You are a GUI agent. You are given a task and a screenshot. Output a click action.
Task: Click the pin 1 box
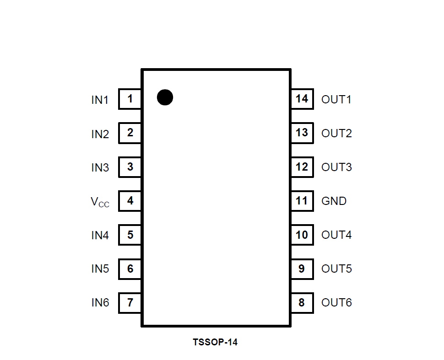click(x=130, y=99)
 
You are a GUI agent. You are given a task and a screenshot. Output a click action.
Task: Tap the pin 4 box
click(x=130, y=201)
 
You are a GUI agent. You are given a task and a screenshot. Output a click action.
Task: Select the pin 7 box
click(x=130, y=303)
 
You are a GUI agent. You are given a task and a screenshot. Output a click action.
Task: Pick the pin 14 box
click(x=302, y=99)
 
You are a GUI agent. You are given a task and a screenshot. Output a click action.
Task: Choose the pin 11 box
click(x=302, y=201)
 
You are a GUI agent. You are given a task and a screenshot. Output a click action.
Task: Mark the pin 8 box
click(x=302, y=303)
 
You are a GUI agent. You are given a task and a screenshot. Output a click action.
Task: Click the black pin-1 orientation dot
click(x=165, y=97)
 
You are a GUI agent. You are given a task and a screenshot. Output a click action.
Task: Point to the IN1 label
click(x=100, y=100)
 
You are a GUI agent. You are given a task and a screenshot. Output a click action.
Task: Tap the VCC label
click(x=100, y=202)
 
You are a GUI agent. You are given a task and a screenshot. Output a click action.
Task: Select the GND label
click(x=334, y=201)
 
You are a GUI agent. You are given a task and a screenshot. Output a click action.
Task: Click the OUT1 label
click(x=336, y=99)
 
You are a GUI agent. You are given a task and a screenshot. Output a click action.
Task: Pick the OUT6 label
click(x=336, y=303)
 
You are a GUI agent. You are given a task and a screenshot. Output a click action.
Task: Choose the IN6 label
click(x=100, y=303)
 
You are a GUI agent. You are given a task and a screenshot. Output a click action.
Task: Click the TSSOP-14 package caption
click(x=215, y=342)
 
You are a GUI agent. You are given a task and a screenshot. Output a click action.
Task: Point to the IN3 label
click(x=100, y=167)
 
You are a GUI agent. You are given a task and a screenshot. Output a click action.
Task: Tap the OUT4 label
click(x=336, y=235)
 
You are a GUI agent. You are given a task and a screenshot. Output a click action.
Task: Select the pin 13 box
click(x=302, y=133)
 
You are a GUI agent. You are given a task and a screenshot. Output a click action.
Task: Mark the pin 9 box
click(x=302, y=269)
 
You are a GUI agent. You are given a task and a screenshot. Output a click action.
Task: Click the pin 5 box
click(x=130, y=235)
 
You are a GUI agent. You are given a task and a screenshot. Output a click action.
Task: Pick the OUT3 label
click(x=336, y=167)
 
